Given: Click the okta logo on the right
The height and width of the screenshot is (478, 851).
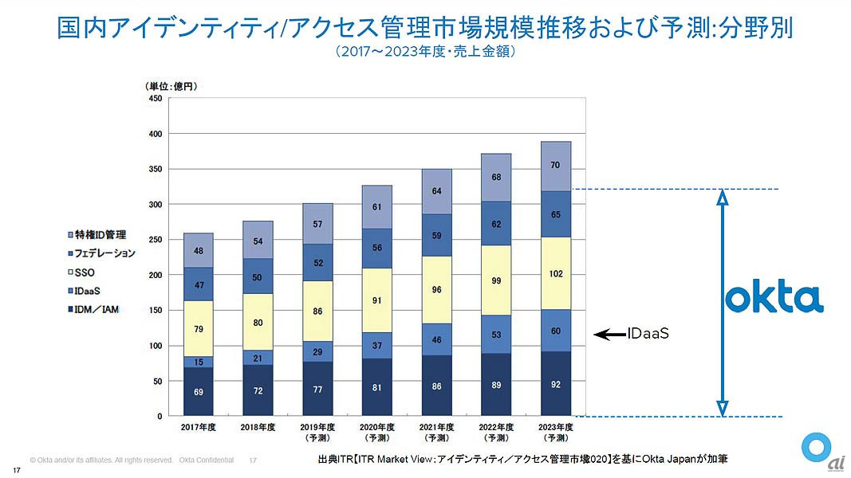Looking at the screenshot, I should (774, 299).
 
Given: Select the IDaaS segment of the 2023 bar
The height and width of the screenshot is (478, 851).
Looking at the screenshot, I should (556, 331).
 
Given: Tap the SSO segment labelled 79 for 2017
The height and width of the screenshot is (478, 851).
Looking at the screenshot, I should (198, 328).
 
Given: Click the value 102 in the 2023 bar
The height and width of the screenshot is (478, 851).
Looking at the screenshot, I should (556, 274).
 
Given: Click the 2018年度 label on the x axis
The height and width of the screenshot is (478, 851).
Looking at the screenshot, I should (258, 427).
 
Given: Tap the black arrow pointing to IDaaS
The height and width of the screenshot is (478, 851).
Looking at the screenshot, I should (610, 335).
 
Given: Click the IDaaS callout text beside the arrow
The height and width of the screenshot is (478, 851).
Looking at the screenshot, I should (648, 335).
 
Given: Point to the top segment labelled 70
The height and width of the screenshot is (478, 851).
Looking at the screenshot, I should (556, 166).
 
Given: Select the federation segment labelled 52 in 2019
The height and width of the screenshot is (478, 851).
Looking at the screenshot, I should (317, 262).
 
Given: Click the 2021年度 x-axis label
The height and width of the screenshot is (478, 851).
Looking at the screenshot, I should (437, 427).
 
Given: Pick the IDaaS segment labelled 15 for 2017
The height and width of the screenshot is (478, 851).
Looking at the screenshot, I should (198, 362).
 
